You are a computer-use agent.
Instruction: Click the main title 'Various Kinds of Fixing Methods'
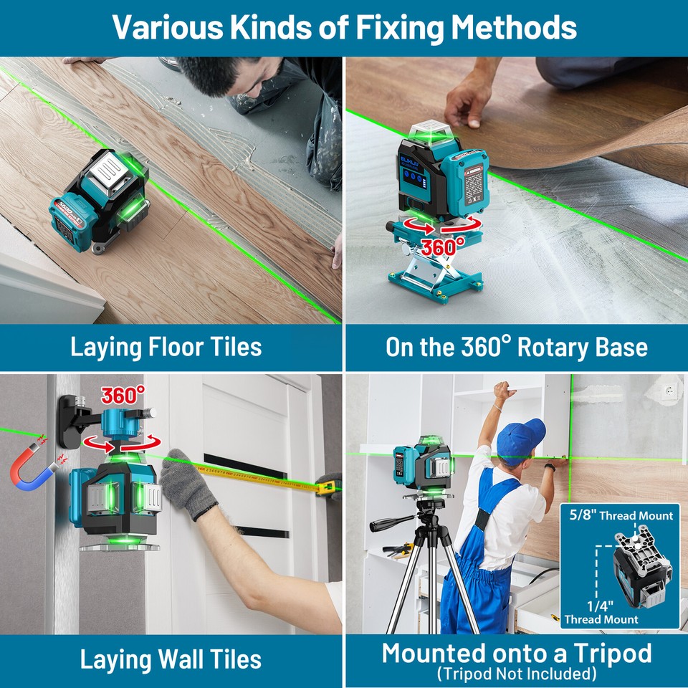(344, 27)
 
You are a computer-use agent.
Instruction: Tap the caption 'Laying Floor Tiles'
(166, 348)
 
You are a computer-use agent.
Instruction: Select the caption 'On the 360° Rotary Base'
(516, 348)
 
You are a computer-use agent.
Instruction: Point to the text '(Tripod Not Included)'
(517, 674)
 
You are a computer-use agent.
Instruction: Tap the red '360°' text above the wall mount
(123, 394)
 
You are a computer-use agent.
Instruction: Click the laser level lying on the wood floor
(100, 201)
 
